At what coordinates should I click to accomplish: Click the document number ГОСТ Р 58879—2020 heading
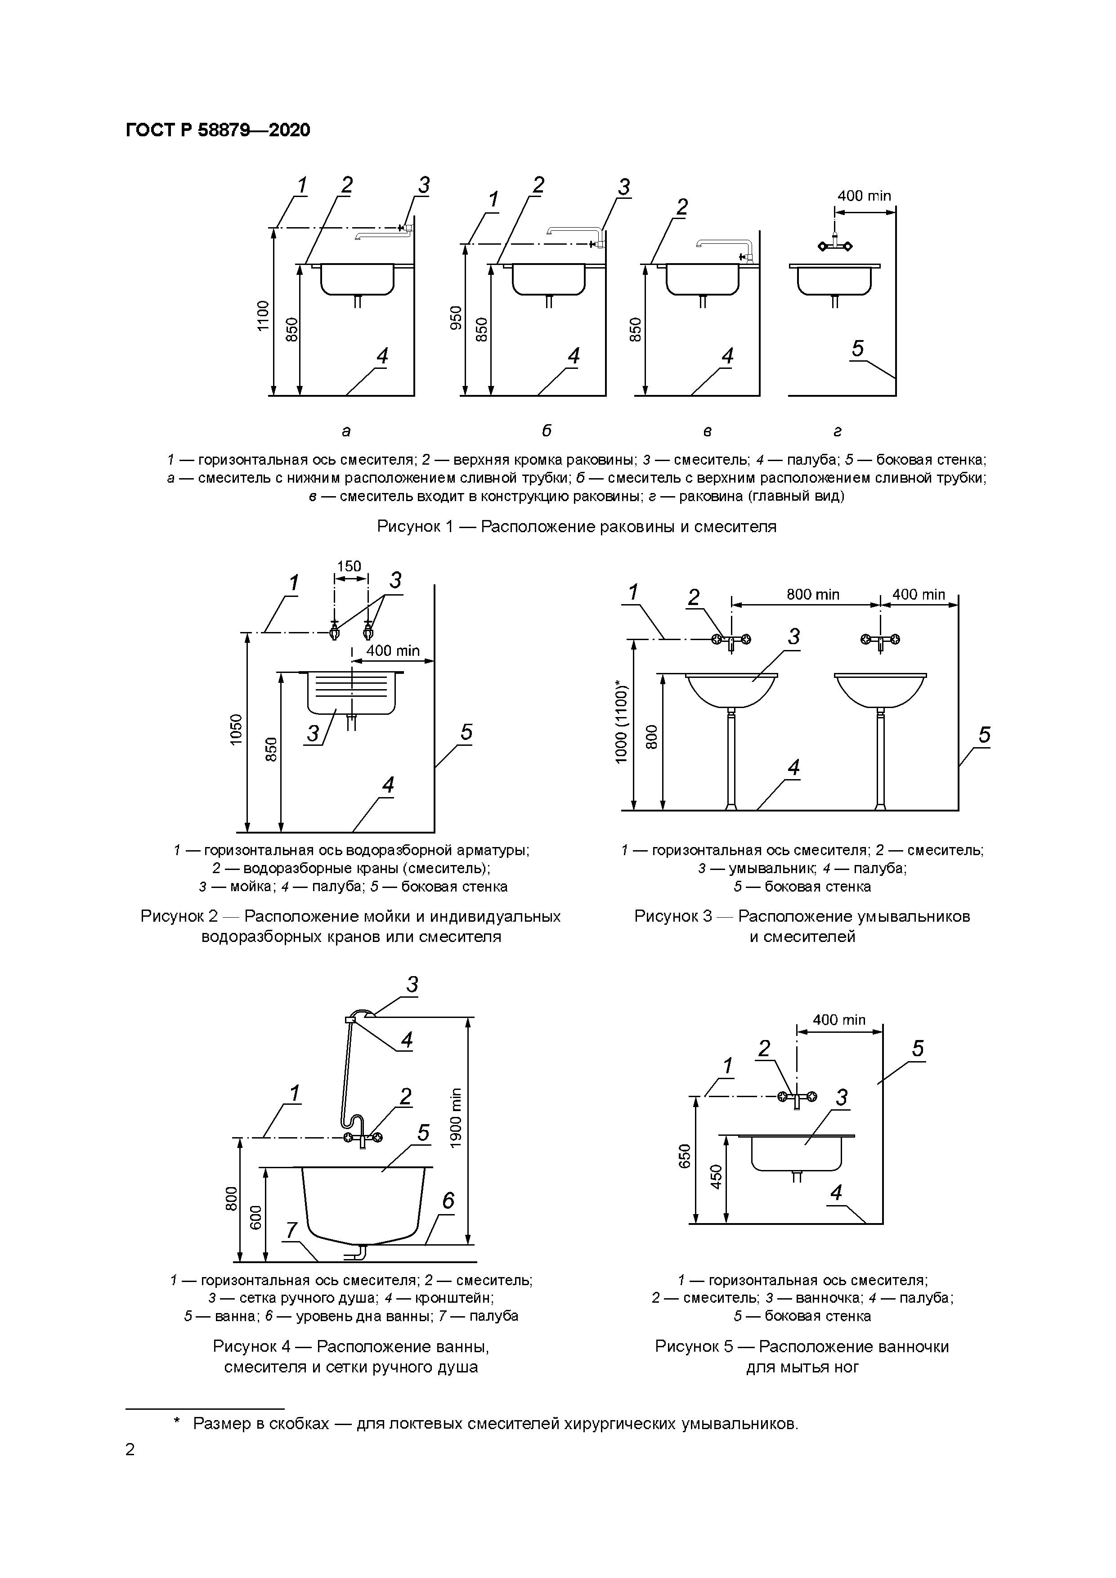tap(218, 130)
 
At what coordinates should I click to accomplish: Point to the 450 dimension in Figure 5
tap(717, 1177)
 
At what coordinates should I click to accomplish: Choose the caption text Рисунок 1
tap(576, 526)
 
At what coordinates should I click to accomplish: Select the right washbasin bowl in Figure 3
tap(880, 689)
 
